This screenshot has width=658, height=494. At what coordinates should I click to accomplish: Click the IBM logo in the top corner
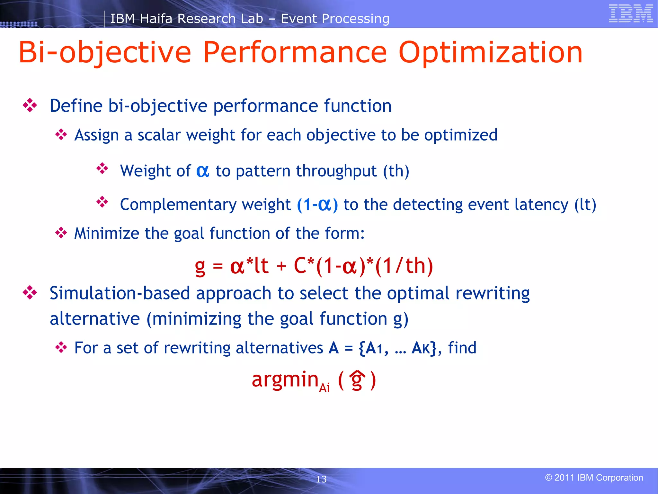(x=630, y=14)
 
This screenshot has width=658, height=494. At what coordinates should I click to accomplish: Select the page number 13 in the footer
(x=321, y=479)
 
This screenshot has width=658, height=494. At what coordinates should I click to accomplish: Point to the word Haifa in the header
(x=156, y=19)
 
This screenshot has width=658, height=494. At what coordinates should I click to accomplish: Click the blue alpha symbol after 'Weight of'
(x=203, y=171)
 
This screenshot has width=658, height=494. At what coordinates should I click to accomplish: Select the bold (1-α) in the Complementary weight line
(x=317, y=205)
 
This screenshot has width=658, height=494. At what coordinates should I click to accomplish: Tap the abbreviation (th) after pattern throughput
(x=396, y=171)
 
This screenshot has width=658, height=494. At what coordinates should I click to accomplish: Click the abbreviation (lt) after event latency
(x=585, y=205)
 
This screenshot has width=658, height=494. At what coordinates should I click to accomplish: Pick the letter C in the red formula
(x=300, y=266)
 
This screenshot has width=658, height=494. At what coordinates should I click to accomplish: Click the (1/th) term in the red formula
(x=404, y=266)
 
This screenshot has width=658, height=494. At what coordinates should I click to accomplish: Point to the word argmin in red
(x=285, y=380)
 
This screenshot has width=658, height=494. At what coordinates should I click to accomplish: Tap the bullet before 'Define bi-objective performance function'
(x=30, y=105)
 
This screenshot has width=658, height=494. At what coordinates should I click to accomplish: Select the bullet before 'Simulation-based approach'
(x=30, y=293)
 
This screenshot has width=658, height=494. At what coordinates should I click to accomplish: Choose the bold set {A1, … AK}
(x=398, y=348)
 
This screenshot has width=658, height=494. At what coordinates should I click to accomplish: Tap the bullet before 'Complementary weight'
(x=102, y=202)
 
